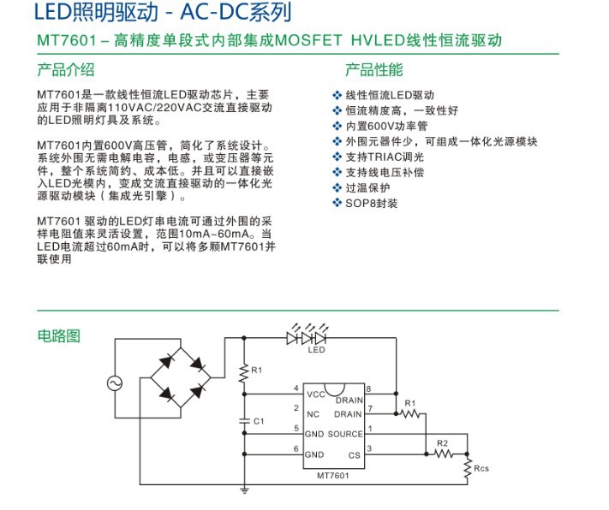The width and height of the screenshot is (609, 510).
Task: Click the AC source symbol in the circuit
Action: (114, 383)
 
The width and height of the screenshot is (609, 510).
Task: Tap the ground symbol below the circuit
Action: (244, 491)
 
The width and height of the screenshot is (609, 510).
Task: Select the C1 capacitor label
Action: (260, 422)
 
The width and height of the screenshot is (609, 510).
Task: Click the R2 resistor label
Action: (442, 443)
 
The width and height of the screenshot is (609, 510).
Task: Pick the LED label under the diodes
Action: (317, 350)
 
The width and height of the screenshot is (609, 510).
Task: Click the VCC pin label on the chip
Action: (315, 394)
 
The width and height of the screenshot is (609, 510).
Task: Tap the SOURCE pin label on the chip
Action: (346, 433)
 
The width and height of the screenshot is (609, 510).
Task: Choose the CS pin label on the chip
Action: (355, 454)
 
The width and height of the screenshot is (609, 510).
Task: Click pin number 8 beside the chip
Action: (369, 389)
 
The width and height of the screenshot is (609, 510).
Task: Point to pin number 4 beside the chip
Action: (296, 389)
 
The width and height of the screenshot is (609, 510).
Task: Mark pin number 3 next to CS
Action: (369, 448)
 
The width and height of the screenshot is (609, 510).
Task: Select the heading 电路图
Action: (58, 335)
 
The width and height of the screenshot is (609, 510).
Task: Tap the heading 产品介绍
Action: (66, 70)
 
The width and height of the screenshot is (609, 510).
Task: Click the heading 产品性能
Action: (373, 70)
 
